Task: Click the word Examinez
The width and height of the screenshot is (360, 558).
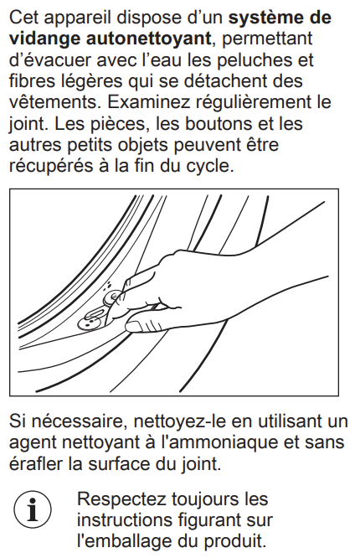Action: click(x=149, y=102)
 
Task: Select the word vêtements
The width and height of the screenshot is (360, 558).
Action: click(x=51, y=102)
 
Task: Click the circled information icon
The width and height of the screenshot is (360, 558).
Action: click(x=33, y=510)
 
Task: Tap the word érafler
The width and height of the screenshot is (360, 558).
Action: click(x=36, y=464)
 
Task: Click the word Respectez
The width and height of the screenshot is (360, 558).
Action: click(x=122, y=500)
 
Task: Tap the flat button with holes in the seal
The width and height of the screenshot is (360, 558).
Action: click(x=89, y=323)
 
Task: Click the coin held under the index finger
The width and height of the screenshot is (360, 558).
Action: click(x=112, y=297)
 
